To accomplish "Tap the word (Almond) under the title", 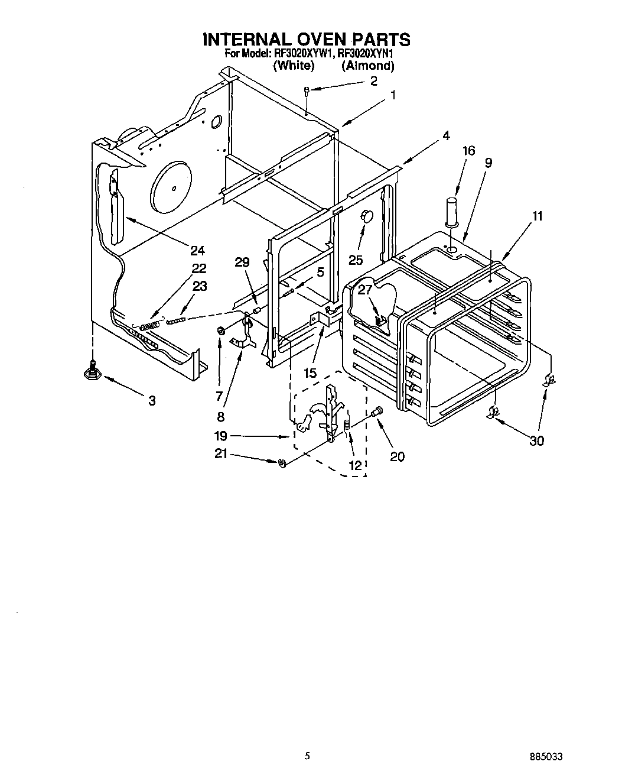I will click(367, 66).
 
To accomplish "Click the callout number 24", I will click(197, 250).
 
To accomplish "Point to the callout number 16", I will click(468, 151).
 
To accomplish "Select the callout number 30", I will click(536, 440).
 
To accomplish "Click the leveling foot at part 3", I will click(92, 371).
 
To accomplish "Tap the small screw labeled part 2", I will click(307, 90).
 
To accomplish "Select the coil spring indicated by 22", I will click(152, 325).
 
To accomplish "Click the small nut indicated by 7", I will click(220, 331).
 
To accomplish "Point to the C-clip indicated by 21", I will click(282, 463).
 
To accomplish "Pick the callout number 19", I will click(220, 436).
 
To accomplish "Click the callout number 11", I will click(537, 216).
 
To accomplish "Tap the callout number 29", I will click(242, 263).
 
